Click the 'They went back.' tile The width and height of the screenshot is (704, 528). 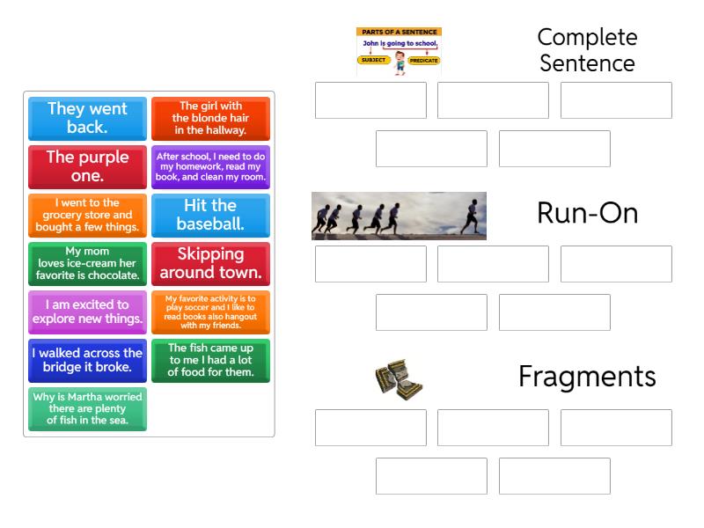(x=87, y=118)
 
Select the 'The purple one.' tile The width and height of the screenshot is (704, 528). (x=87, y=166)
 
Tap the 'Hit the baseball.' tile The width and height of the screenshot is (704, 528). (x=210, y=215)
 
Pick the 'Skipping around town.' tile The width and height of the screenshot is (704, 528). (x=210, y=263)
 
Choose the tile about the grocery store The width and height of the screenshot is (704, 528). (x=87, y=215)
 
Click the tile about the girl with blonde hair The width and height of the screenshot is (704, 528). (x=210, y=118)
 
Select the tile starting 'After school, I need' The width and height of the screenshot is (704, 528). (x=210, y=166)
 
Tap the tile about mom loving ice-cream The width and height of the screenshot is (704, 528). (x=87, y=263)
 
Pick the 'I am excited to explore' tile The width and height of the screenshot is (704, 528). (x=87, y=312)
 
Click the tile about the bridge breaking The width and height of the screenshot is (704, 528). (x=87, y=360)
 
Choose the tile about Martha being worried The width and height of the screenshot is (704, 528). (x=87, y=408)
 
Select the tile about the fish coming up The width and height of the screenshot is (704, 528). (x=210, y=360)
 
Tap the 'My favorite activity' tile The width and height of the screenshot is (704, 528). (x=210, y=312)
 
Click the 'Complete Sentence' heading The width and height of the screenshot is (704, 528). (x=587, y=50)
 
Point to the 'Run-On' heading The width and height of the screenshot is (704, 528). (x=587, y=214)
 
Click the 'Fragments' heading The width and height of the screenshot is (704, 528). (x=587, y=377)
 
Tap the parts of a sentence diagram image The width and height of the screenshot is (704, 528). (x=399, y=50)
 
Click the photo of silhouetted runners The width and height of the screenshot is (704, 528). (x=399, y=216)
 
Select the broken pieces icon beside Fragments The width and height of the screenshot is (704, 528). (x=399, y=378)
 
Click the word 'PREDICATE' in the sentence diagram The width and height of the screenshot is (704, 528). (x=423, y=60)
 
